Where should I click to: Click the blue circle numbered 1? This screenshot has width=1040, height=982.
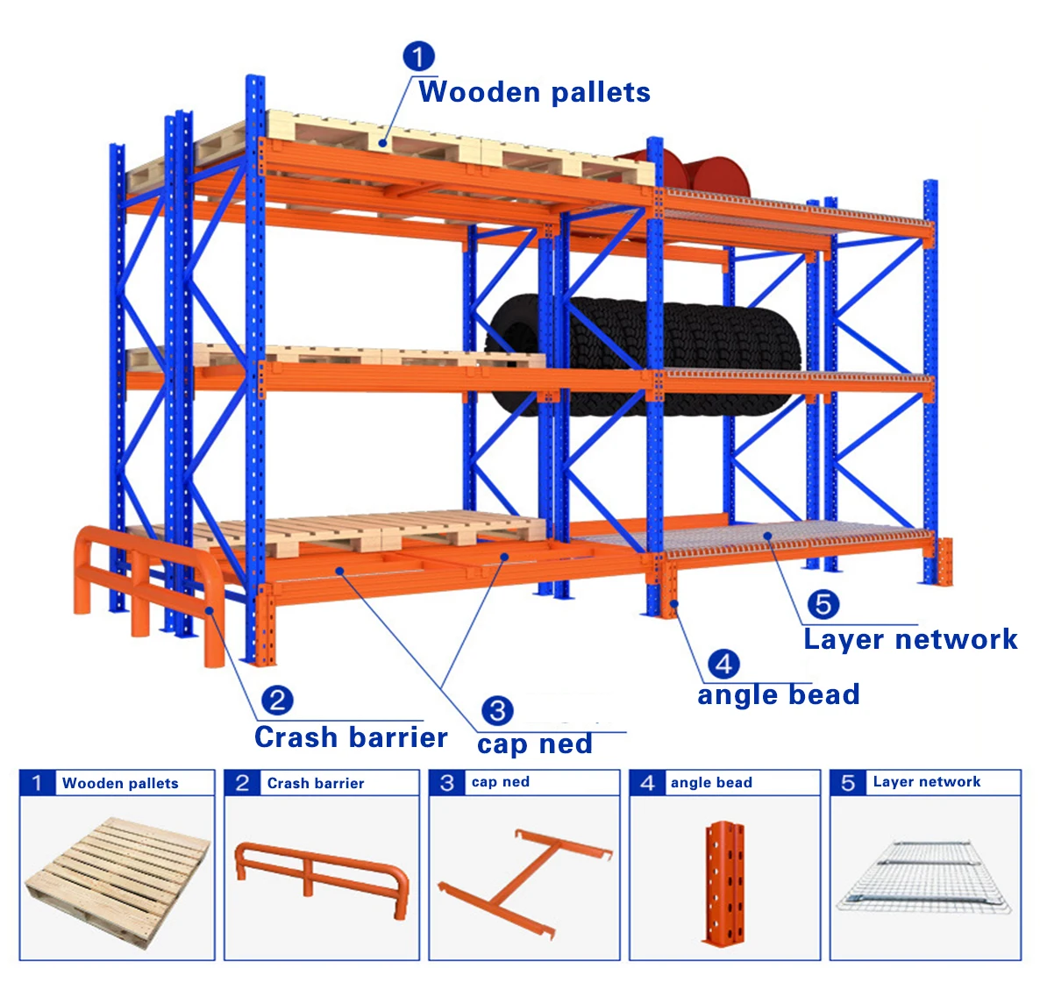[x=418, y=57]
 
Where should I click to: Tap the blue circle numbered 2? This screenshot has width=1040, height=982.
[x=278, y=700]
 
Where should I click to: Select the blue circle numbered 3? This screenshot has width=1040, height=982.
[x=497, y=709]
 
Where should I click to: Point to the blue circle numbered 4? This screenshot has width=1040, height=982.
[x=723, y=664]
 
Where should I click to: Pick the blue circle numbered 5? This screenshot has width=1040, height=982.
[x=823, y=603]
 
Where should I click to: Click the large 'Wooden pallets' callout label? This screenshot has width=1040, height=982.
[x=534, y=92]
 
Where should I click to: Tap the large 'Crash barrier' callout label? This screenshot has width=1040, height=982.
[x=351, y=737]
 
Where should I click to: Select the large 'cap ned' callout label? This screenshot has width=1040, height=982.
[x=535, y=744]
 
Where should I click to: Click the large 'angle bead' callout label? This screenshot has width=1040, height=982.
[x=779, y=695]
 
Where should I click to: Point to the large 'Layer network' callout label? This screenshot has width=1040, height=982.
[x=910, y=639]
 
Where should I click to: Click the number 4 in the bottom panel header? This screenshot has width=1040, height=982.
[x=648, y=783]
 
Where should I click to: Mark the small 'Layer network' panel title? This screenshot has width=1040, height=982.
[x=927, y=782]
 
